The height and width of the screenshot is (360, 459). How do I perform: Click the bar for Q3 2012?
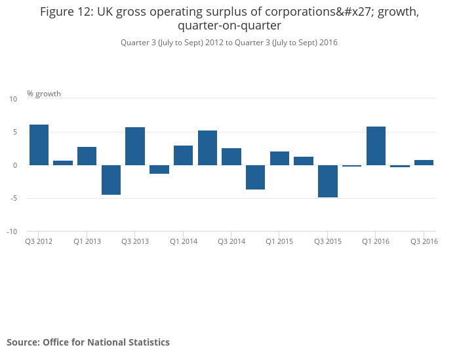click(x=39, y=145)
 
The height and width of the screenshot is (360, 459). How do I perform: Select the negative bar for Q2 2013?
click(x=111, y=180)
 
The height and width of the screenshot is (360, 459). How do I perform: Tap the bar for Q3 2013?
click(x=135, y=146)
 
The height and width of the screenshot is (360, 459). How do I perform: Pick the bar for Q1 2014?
click(x=183, y=155)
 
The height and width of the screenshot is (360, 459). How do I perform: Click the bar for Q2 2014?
click(x=207, y=148)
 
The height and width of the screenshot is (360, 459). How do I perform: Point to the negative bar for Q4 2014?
click(x=255, y=177)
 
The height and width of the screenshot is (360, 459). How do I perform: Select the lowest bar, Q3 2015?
click(x=327, y=181)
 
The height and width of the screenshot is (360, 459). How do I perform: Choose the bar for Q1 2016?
click(x=376, y=146)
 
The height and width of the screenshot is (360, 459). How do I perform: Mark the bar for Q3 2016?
click(x=424, y=163)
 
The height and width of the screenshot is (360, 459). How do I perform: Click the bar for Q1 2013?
click(x=87, y=156)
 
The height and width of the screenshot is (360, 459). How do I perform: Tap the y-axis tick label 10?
click(x=13, y=99)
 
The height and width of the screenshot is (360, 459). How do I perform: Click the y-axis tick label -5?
click(x=12, y=199)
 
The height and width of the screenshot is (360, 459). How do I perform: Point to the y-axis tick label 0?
click(x=14, y=165)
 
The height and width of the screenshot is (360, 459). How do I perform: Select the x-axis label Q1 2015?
click(x=279, y=242)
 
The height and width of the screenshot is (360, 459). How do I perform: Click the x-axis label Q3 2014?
click(x=231, y=242)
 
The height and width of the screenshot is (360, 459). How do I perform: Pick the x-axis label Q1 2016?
click(x=376, y=242)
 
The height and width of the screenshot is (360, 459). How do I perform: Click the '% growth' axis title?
click(x=44, y=94)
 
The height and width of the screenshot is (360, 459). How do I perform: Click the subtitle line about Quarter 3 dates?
click(x=229, y=43)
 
